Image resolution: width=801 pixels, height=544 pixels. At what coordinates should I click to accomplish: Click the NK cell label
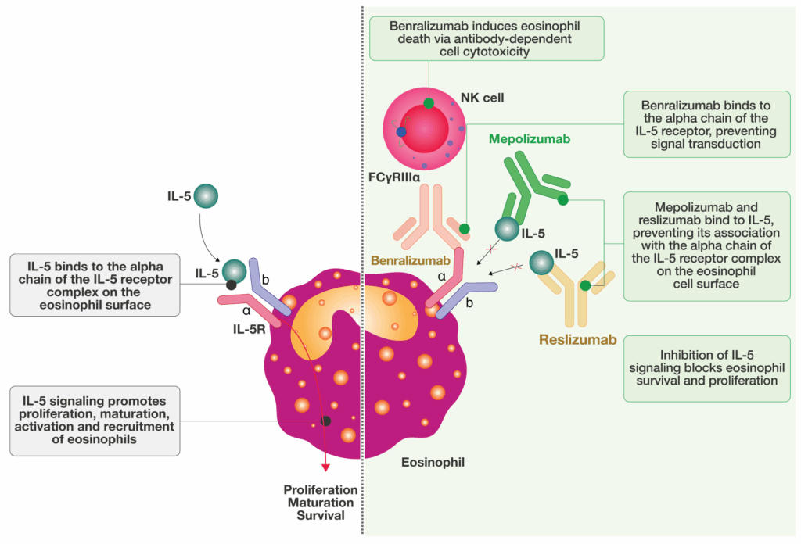[482, 98]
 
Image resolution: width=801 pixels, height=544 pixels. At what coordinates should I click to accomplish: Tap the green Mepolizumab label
[528, 139]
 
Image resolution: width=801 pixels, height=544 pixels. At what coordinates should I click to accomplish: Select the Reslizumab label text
[578, 340]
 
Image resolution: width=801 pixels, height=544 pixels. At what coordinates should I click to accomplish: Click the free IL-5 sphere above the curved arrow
[206, 195]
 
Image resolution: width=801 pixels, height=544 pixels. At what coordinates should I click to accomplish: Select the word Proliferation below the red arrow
[321, 490]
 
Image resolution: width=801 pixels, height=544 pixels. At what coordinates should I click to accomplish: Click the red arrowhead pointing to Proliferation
[325, 468]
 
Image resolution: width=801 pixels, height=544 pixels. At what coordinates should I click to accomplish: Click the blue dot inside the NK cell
[402, 133]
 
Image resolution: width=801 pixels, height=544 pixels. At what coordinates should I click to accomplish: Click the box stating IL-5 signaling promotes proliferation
[95, 421]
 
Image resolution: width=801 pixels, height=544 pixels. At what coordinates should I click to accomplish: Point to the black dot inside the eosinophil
[325, 421]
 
